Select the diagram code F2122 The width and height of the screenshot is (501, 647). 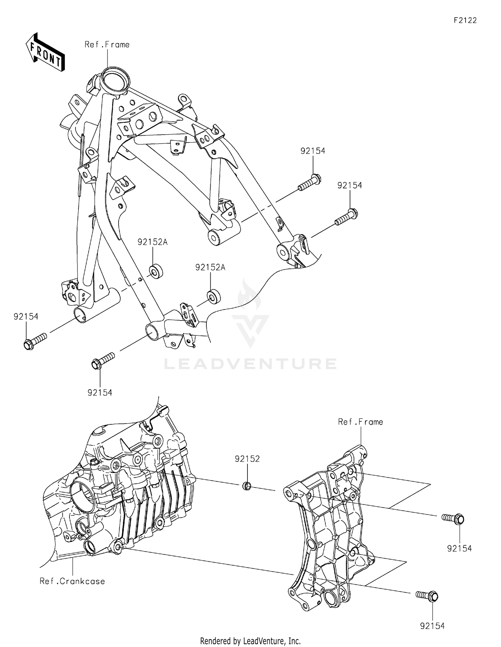[465, 20]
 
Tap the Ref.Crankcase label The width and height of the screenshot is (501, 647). [72, 581]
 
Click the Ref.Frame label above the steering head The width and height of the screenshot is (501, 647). [107, 44]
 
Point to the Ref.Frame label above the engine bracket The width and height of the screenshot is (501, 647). [360, 422]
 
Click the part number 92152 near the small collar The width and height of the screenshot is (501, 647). [247, 459]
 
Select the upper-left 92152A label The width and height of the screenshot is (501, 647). [153, 242]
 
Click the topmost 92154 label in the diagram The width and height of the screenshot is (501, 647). [313, 151]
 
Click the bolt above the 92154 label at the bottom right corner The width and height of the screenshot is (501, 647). [427, 595]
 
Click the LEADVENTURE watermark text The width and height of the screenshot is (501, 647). [250, 364]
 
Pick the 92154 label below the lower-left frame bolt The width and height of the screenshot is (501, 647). [100, 393]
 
